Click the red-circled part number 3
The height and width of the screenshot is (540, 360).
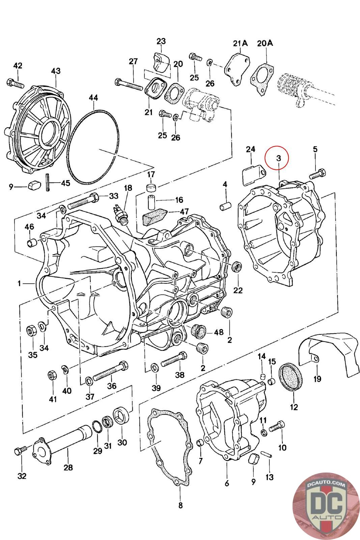coord(279,158)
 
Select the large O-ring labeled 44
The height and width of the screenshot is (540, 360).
coord(93,147)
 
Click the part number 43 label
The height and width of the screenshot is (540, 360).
coord(56,71)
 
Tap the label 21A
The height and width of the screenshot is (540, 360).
coord(240,44)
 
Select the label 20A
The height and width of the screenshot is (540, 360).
coord(265,44)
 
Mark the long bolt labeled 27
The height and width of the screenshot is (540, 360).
coord(129,84)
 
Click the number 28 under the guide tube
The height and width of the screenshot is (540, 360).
coord(68,467)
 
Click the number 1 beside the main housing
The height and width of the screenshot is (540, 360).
coord(19,283)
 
